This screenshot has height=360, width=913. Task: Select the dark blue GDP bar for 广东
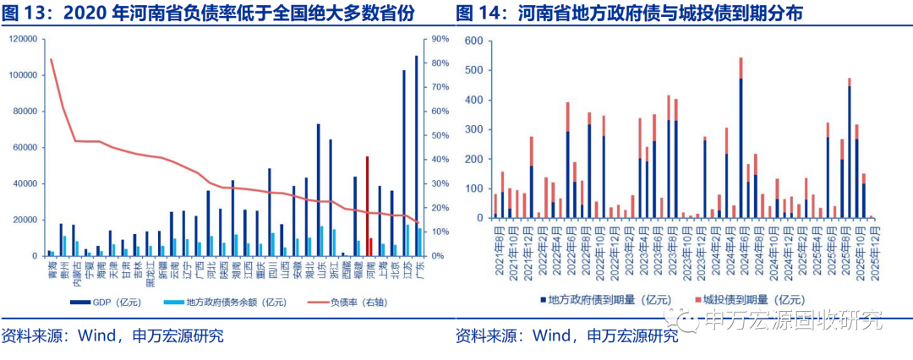(x=416, y=156)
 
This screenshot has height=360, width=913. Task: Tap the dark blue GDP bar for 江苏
(x=403, y=163)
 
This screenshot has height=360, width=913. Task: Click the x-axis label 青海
(x=52, y=270)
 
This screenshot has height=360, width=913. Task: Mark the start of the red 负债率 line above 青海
(x=52, y=59)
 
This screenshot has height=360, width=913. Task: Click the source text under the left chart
(x=114, y=335)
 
